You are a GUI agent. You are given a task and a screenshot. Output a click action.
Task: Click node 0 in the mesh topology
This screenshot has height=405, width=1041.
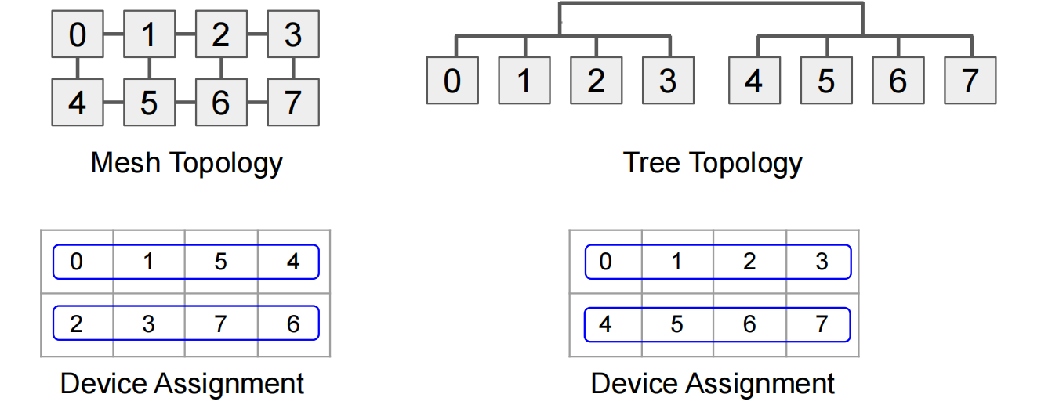point(77,35)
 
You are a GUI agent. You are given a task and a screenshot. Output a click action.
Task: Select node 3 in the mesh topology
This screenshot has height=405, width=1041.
point(292,35)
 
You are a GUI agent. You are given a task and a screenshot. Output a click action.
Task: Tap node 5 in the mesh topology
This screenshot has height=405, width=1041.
point(149,103)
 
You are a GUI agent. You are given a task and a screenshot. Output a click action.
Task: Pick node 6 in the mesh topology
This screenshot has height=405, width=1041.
point(220,103)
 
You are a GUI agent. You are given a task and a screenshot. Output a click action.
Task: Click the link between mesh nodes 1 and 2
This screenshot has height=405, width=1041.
point(184,34)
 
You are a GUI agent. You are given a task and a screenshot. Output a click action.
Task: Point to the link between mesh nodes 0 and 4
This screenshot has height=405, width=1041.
point(77,68)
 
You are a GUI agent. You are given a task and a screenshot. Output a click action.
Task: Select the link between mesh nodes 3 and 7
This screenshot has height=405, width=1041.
point(292,68)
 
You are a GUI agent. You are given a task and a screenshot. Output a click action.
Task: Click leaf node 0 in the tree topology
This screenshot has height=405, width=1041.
point(452,81)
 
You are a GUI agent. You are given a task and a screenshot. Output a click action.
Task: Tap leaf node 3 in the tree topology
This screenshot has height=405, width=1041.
point(668,81)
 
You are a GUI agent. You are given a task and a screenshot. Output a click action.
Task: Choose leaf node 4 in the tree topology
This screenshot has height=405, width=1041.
point(754,81)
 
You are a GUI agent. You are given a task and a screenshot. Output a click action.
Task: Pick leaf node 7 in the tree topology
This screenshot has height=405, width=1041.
point(970,81)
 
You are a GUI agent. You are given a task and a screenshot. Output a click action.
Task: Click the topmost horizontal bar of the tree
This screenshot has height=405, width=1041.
point(710,4)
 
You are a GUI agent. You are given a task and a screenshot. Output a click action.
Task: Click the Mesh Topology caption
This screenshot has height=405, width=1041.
point(187,163)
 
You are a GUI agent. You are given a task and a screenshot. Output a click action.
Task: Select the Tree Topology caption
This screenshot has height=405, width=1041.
point(713,163)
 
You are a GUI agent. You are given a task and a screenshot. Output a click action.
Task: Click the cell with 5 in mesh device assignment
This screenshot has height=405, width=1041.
point(220,262)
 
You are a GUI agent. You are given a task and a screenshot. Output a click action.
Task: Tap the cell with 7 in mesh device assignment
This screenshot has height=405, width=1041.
point(220,324)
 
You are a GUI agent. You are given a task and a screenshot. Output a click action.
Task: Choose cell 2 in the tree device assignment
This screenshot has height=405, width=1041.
point(749,262)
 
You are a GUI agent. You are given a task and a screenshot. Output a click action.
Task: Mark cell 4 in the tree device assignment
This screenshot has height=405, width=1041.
point(605,324)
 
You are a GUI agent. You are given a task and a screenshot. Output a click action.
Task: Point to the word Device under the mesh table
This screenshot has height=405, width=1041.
point(103,384)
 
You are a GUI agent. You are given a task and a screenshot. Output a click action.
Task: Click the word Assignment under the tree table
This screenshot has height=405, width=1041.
point(760,384)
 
